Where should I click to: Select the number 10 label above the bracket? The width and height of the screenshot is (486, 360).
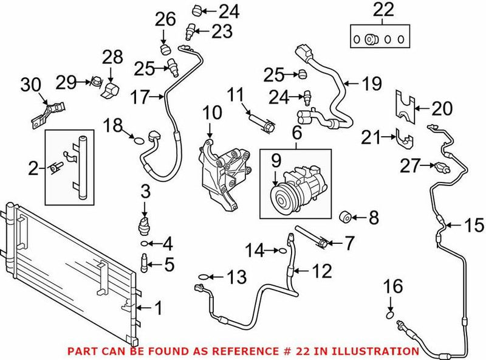coord(213,112)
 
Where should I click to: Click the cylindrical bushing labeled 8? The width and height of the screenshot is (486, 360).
coord(345,215)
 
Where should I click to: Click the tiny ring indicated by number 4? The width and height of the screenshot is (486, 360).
coord(144,244)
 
